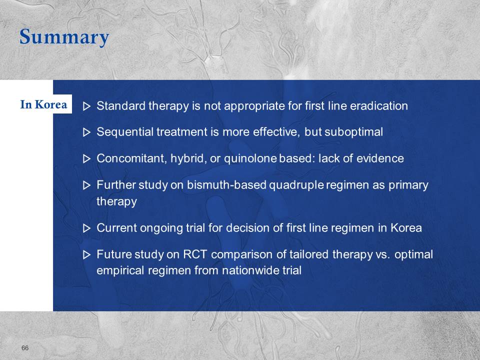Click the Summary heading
64,37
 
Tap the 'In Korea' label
43,104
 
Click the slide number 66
25,348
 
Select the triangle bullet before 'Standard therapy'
87,106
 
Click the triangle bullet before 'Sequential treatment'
87,132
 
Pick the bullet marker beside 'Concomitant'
87,159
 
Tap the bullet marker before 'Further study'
87,185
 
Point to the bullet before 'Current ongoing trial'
87,228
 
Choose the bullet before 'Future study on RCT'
87,254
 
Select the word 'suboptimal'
353,132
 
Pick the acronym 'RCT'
195,254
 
